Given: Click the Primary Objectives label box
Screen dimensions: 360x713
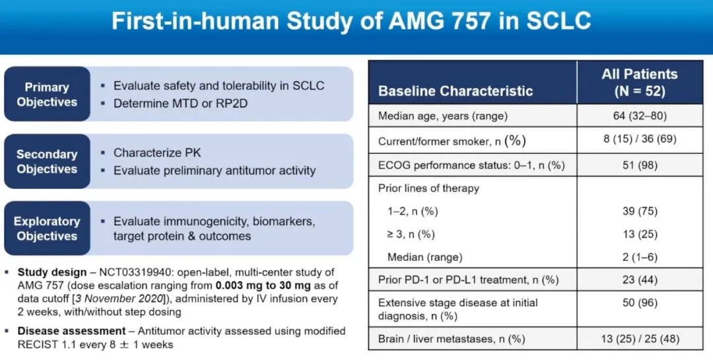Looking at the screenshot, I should click(47, 94).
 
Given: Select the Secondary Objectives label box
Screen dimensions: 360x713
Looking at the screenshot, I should click(47, 162).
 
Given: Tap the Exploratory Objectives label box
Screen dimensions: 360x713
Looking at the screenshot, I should click(47, 229).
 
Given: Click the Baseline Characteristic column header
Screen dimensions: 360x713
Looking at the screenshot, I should click(456, 91).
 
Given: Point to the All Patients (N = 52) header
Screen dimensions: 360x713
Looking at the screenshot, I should click(639, 83).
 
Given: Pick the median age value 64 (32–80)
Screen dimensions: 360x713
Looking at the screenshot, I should click(639, 116).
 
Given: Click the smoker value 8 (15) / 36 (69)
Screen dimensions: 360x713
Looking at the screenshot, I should click(639, 139).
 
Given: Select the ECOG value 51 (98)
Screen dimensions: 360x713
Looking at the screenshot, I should click(639, 164).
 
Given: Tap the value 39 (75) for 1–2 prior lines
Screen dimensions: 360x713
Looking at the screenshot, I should click(639, 211).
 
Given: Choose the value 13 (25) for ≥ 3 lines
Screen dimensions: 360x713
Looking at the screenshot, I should click(639, 234).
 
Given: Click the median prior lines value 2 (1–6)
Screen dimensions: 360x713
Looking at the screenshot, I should click(639, 257).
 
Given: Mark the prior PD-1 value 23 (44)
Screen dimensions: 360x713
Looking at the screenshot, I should click(639, 280).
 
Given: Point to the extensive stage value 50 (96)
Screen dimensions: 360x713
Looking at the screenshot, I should click(639, 303).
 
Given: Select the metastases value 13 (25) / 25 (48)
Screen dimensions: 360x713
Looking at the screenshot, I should click(639, 340).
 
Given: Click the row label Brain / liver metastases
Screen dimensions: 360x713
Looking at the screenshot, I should click(452, 340).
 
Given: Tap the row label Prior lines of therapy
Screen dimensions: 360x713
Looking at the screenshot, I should click(428, 188).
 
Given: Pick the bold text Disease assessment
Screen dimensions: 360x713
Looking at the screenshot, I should click(71, 330).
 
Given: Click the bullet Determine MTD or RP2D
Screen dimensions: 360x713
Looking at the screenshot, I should click(180, 104).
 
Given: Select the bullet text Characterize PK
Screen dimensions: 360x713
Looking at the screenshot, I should click(157, 153).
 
